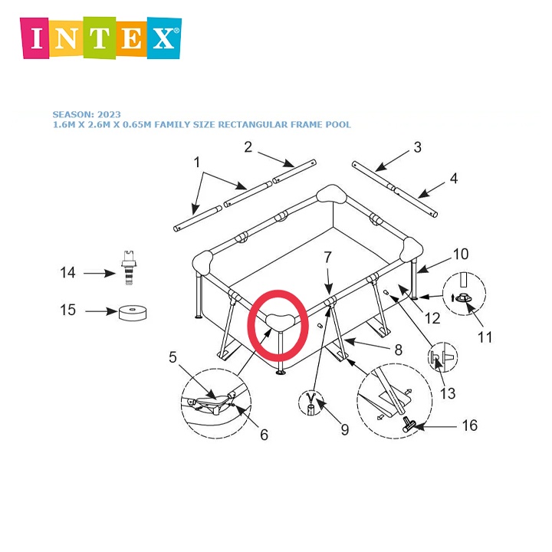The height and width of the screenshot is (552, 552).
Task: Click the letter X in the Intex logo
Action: point(163,38)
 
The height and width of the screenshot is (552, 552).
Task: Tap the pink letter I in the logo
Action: point(37,38)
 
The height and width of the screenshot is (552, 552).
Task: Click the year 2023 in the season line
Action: point(109,114)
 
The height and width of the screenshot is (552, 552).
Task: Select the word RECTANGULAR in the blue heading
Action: point(253,125)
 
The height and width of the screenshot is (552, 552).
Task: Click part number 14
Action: point(67,272)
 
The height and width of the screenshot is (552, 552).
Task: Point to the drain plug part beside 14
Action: point(129,268)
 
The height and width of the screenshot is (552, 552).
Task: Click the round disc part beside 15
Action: point(133,313)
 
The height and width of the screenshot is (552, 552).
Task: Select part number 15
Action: point(67,310)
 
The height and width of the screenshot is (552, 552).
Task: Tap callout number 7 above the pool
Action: point(328,258)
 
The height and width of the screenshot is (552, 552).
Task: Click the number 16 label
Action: point(470,426)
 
